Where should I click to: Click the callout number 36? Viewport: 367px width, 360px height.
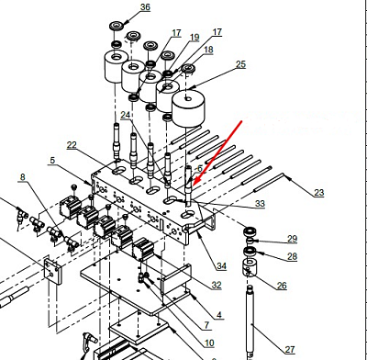145,7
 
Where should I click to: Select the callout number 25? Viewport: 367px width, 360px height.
240,64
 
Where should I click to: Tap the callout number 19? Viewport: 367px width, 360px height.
195,38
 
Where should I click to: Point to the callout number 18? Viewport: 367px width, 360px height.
208,50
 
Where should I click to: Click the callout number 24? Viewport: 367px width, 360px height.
126,115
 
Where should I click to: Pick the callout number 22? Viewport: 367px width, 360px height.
72,145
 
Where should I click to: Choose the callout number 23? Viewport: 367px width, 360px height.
318,193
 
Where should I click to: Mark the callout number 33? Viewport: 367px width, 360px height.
260,204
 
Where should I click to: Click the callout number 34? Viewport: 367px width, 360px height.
221,266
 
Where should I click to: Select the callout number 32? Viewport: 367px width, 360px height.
217,285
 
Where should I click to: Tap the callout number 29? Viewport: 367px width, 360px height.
292,239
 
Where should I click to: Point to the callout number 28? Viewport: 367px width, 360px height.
292,256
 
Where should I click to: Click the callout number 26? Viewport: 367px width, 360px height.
282,286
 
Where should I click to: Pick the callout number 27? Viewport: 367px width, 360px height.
290,349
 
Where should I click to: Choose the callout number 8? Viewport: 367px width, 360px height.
23,177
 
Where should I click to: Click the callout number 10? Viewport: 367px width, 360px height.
209,343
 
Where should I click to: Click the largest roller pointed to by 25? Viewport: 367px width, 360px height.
188,108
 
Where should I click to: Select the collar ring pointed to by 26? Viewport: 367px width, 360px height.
250,267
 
